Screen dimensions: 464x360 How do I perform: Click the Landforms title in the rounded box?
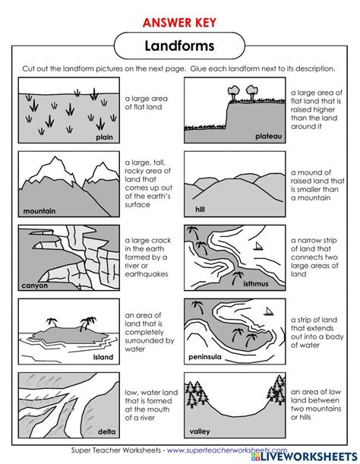pyautogui.click(x=180, y=46)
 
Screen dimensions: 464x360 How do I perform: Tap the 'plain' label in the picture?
pyautogui.click(x=104, y=137)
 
